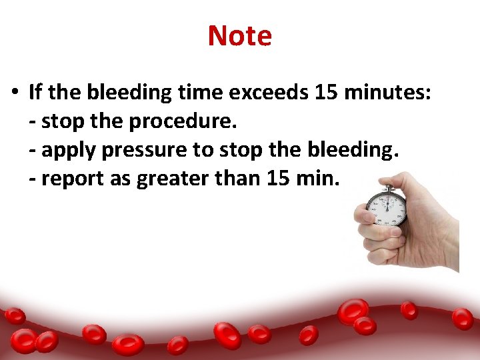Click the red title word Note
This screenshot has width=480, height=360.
[239, 35]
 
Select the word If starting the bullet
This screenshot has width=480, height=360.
[37, 93]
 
